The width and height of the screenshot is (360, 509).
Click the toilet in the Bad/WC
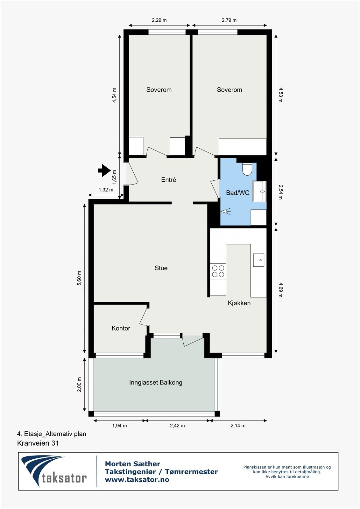[x=247, y=169]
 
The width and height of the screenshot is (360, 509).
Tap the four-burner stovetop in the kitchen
[x=218, y=271]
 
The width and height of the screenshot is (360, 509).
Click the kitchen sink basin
[x=259, y=260]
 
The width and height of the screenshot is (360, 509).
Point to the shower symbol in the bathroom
[x=226, y=211]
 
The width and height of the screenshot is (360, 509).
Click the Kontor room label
[x=121, y=328]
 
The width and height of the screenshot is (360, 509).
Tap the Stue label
[x=161, y=268]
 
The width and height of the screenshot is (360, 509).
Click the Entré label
[x=169, y=180]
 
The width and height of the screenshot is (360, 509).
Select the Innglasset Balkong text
[x=156, y=382]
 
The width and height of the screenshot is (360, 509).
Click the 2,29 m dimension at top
[x=159, y=20]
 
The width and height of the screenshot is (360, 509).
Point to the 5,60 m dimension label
[x=79, y=278]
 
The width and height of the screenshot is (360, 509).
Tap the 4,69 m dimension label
[x=280, y=289]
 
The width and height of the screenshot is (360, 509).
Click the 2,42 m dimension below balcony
[x=177, y=426]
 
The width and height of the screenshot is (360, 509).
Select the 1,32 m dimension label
[x=106, y=190]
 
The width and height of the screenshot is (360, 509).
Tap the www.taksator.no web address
[x=137, y=480]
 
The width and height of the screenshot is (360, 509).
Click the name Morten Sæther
[x=132, y=464]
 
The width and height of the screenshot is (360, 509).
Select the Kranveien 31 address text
[x=38, y=443]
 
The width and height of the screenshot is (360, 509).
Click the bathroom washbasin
[x=259, y=191]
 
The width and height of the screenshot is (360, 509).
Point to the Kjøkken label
[x=239, y=303]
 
